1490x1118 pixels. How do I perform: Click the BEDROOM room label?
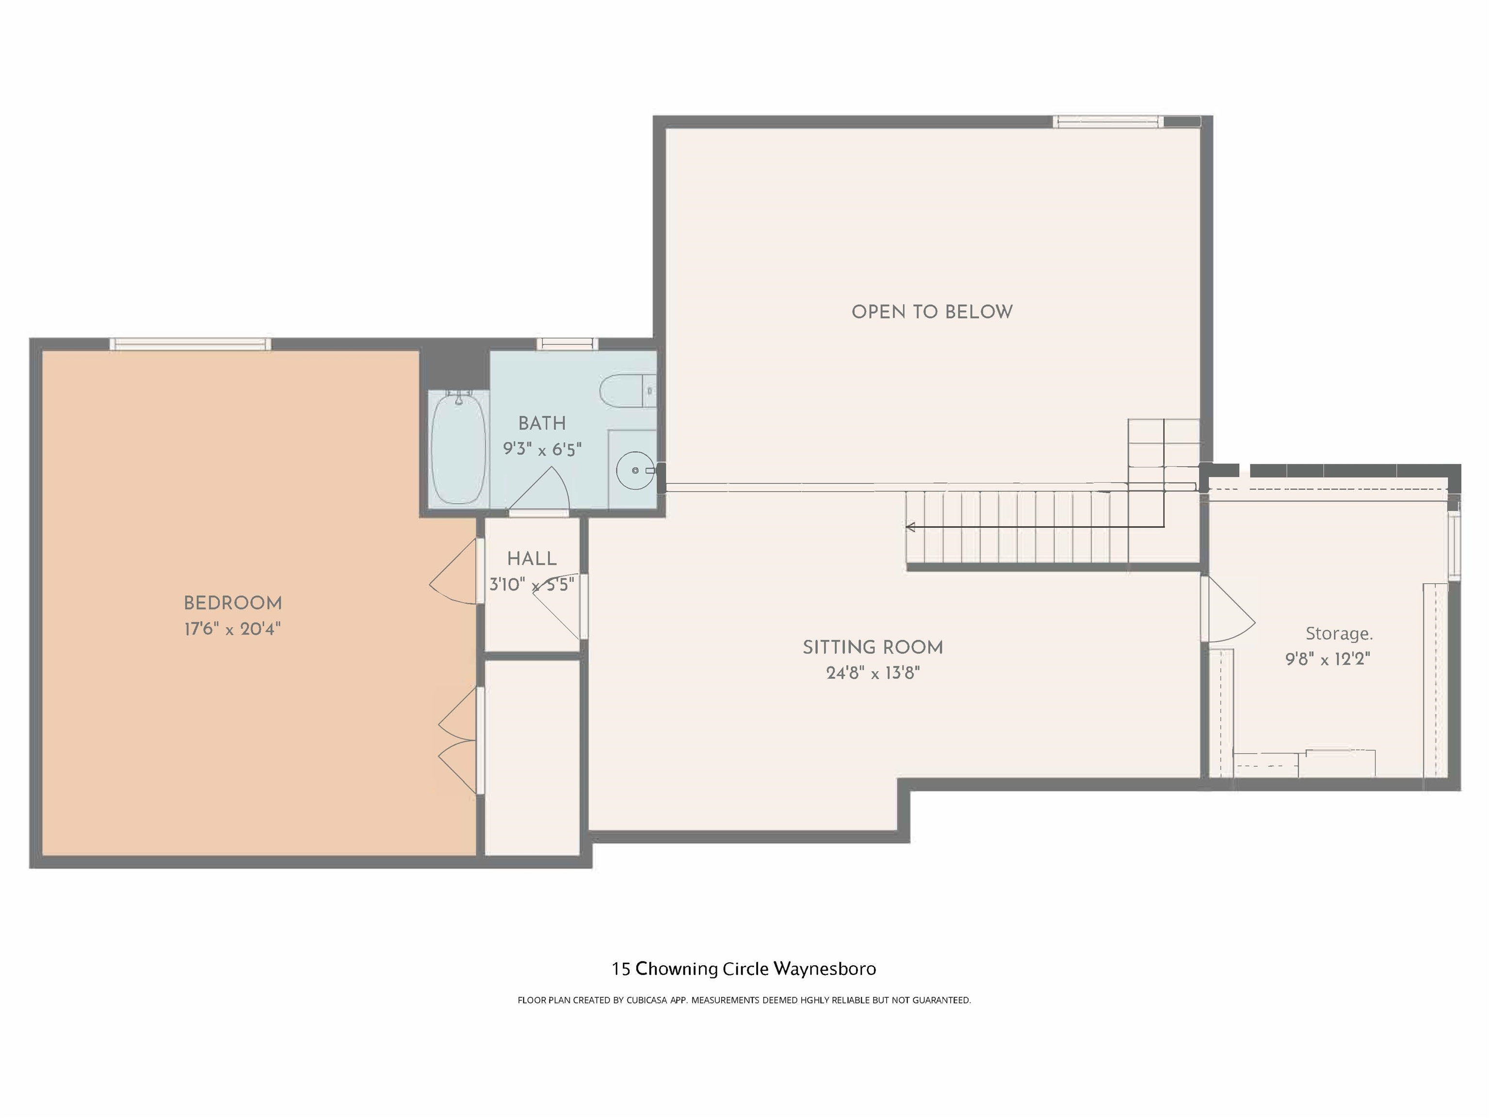tap(232, 603)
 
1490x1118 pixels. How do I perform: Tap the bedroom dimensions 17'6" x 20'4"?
tap(232, 629)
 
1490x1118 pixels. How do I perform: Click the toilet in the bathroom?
tap(627, 390)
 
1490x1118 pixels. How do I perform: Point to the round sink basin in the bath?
tap(634, 470)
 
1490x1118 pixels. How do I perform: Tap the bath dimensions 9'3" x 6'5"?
tap(542, 449)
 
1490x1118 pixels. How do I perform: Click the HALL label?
tap(532, 559)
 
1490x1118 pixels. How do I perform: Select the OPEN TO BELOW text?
tap(932, 312)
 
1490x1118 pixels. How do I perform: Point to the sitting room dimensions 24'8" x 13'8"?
tap(873, 673)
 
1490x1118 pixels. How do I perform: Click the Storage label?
tap(1339, 633)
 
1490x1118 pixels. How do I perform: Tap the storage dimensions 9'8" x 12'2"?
tap(1328, 659)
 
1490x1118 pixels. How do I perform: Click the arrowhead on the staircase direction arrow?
tap(911, 527)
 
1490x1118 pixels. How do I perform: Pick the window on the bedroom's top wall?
tap(191, 344)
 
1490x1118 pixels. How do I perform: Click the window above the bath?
tap(567, 344)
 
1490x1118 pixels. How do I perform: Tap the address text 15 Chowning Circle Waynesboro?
tap(744, 969)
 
